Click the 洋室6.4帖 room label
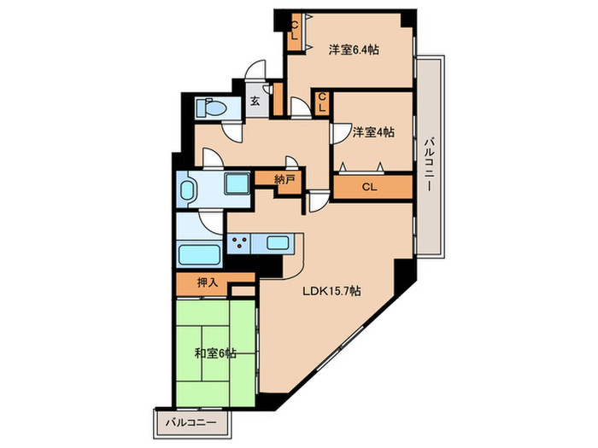tap(354, 49)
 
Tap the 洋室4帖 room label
tap(373, 132)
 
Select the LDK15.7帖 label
tap(331, 292)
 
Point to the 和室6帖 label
tap(215, 353)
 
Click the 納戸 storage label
tap(284, 179)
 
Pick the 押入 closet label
tap(208, 282)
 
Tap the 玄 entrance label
tap(255, 102)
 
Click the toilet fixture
tap(211, 107)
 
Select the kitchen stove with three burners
tap(239, 243)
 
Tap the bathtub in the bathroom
tap(199, 254)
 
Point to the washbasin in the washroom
tap(187, 189)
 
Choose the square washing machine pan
tap(237, 183)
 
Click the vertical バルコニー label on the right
tap(430, 164)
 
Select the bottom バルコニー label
tap(191, 422)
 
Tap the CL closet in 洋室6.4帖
tap(295, 32)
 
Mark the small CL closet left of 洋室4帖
tap(322, 103)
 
